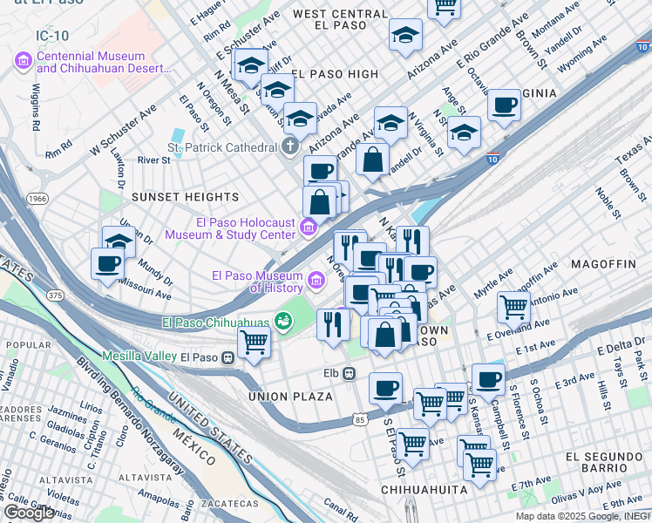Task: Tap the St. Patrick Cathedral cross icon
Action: (289, 147)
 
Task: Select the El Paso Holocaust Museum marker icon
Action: (308, 228)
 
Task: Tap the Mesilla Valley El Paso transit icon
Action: (228, 357)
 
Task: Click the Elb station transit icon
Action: (348, 373)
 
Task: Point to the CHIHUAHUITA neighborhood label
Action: (424, 491)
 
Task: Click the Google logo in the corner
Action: (29, 513)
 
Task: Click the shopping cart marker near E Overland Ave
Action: (513, 306)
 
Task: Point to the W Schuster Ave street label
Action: (123, 124)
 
